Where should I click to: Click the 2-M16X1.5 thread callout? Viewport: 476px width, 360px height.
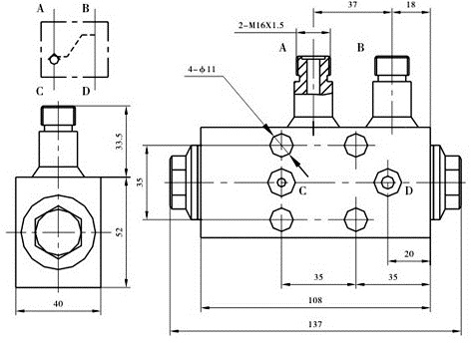coord(261,25)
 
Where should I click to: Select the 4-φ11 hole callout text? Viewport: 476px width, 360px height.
coord(202,70)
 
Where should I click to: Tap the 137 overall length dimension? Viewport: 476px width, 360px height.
coord(315,324)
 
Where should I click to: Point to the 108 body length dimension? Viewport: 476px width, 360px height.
coord(315,300)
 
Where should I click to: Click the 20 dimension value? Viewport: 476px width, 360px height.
coord(409,254)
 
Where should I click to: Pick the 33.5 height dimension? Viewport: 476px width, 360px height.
coord(120,142)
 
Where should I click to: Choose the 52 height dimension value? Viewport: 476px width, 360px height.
coord(120,231)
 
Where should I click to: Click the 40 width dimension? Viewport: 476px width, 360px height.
coord(58,303)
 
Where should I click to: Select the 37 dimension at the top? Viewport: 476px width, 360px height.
coord(352,5)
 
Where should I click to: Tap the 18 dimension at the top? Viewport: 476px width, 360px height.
coord(411,5)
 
